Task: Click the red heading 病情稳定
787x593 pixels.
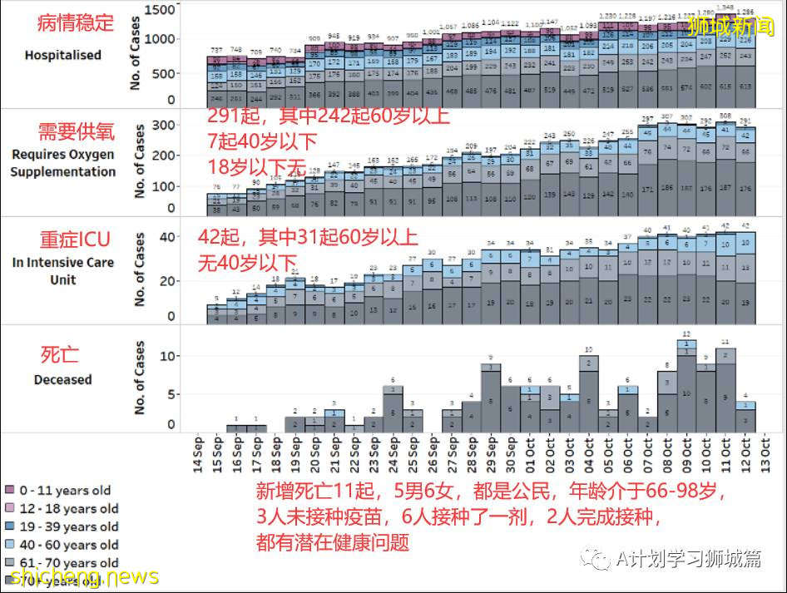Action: (76, 23)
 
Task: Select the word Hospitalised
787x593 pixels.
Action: (63, 56)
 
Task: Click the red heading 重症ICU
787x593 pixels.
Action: (75, 240)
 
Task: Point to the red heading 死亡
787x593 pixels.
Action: (59, 354)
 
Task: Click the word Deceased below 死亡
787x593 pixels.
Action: (62, 380)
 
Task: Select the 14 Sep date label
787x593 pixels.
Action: (199, 454)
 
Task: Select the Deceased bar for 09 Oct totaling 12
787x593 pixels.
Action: (686, 383)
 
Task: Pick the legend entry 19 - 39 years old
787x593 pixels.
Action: (62, 527)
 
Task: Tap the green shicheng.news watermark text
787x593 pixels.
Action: (80, 576)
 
